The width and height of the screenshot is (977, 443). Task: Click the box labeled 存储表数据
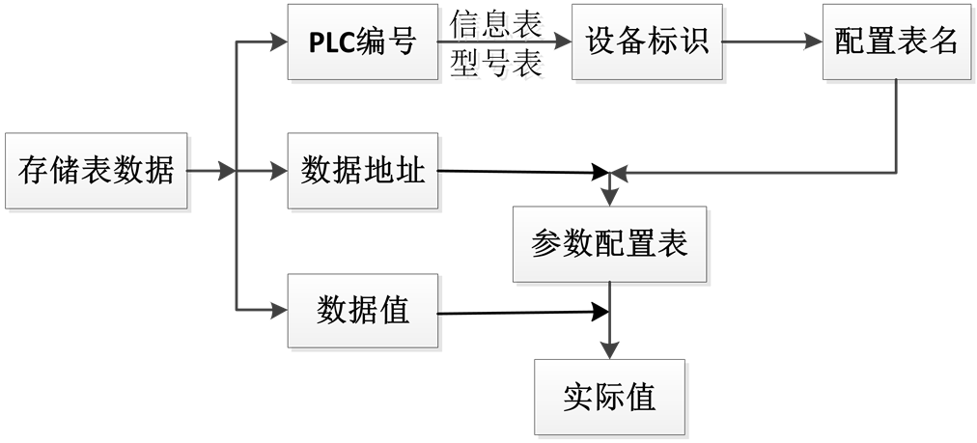97,172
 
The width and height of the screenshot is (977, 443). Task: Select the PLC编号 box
362,42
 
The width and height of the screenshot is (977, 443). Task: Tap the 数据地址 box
362,172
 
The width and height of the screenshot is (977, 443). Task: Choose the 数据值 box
362,310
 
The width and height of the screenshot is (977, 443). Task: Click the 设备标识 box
647,42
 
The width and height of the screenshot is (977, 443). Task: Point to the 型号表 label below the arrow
501,68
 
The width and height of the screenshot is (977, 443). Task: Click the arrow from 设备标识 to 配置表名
772,42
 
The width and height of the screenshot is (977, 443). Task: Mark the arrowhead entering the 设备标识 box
562,42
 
